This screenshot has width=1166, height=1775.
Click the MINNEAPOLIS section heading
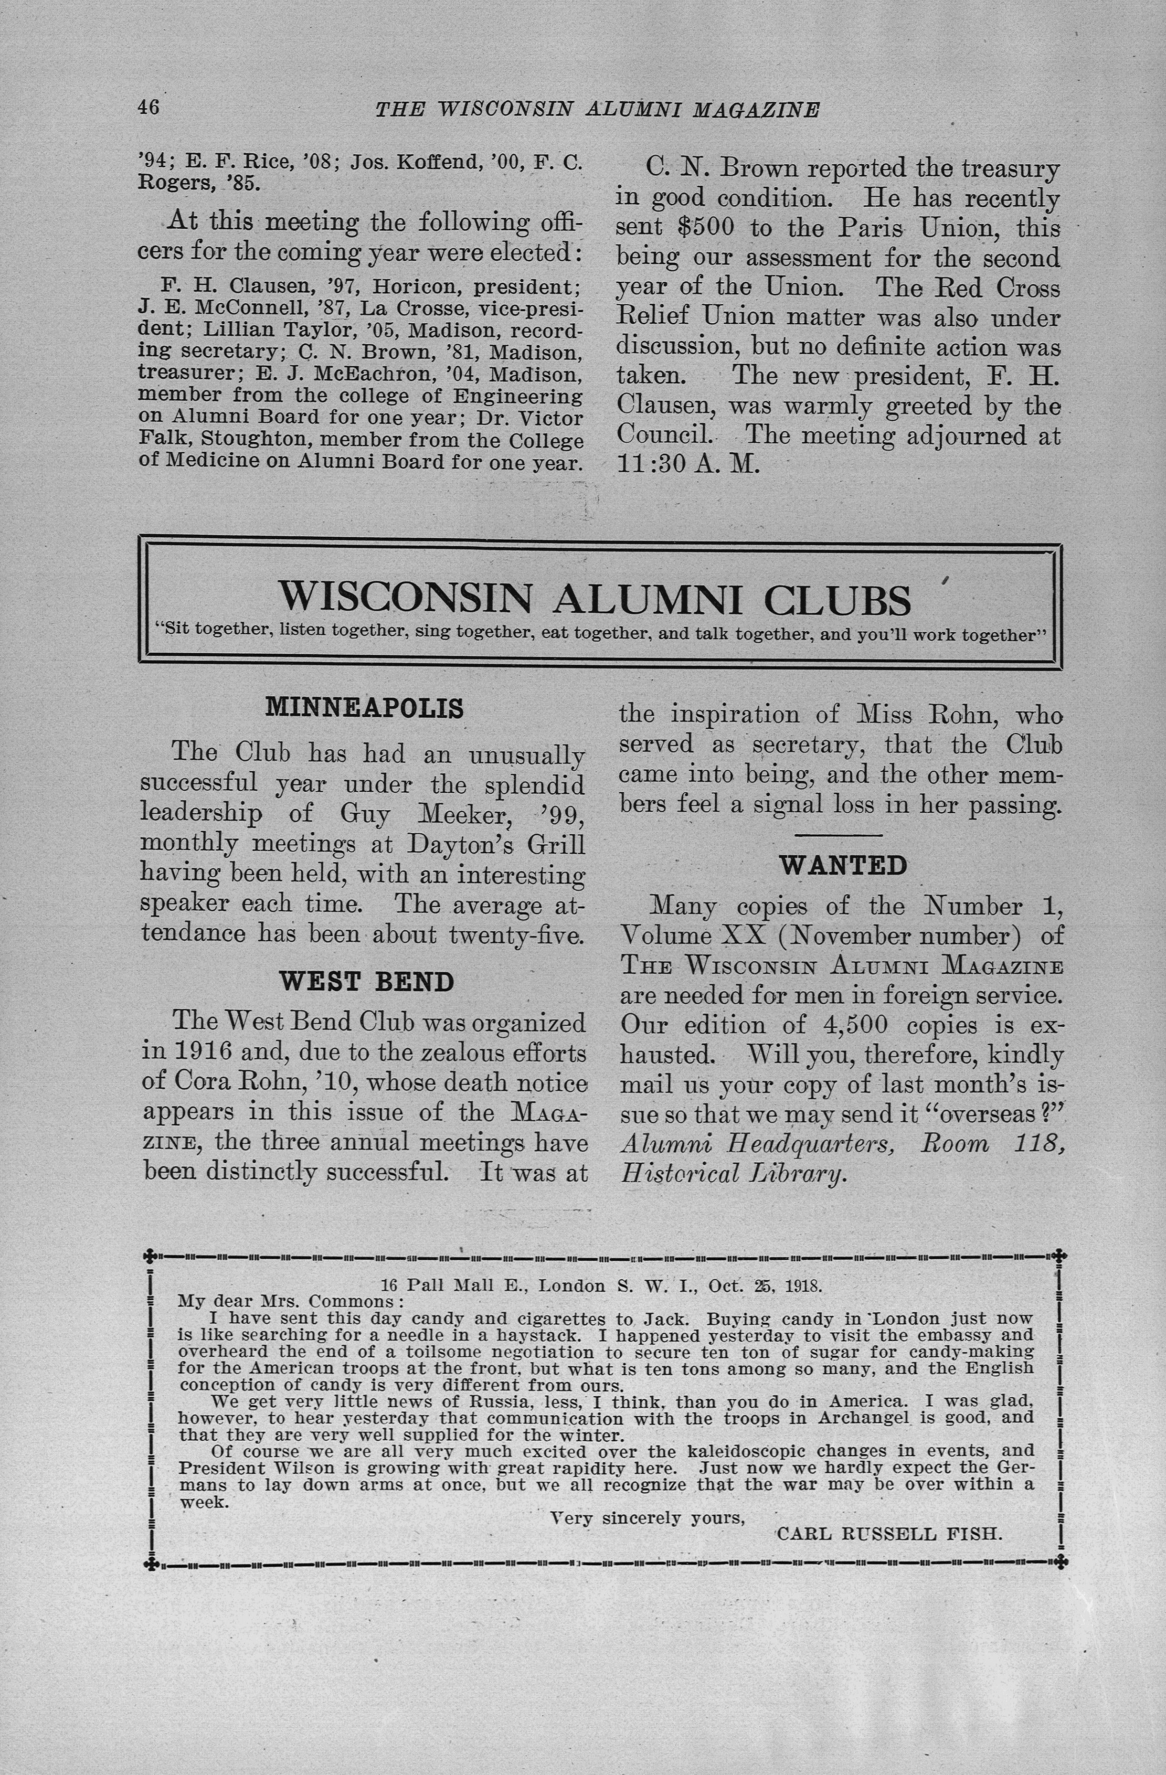tap(365, 707)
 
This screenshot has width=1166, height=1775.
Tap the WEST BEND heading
tap(366, 981)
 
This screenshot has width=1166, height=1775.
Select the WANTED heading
tap(843, 865)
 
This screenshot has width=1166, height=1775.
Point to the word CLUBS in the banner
tap(837, 599)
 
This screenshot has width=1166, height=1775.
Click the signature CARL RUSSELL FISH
tap(890, 1534)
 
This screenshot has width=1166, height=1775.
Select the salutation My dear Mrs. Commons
tap(290, 1301)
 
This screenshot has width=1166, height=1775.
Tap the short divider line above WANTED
tap(838, 835)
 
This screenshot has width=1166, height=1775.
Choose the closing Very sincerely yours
tap(647, 1517)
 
